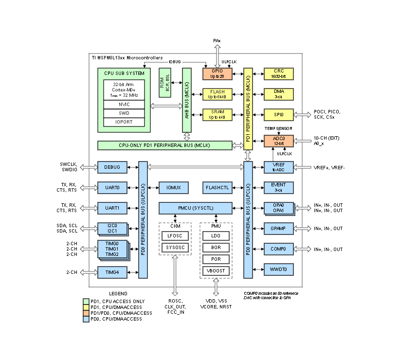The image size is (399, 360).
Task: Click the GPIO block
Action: point(217,73)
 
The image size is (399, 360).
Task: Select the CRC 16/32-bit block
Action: point(278,73)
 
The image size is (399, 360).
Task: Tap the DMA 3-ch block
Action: point(278,94)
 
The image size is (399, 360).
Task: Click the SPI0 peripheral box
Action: point(278,115)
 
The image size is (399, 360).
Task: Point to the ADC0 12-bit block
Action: point(278,141)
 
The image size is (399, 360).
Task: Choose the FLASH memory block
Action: point(217,94)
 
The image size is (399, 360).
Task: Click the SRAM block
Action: point(217,115)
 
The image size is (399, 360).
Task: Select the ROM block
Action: point(165,82)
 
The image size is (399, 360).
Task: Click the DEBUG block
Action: point(112,167)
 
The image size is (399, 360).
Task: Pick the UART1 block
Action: point(112,208)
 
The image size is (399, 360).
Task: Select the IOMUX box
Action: point(173,187)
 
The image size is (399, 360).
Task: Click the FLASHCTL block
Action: point(217,187)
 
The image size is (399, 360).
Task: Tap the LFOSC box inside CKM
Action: point(175,235)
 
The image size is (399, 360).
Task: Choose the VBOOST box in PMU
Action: point(216,270)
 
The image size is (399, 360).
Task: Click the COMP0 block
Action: point(278,249)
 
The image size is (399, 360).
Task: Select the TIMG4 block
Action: point(112,272)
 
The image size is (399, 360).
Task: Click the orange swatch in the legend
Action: point(86,313)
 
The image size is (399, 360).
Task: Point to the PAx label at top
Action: point(218,40)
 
